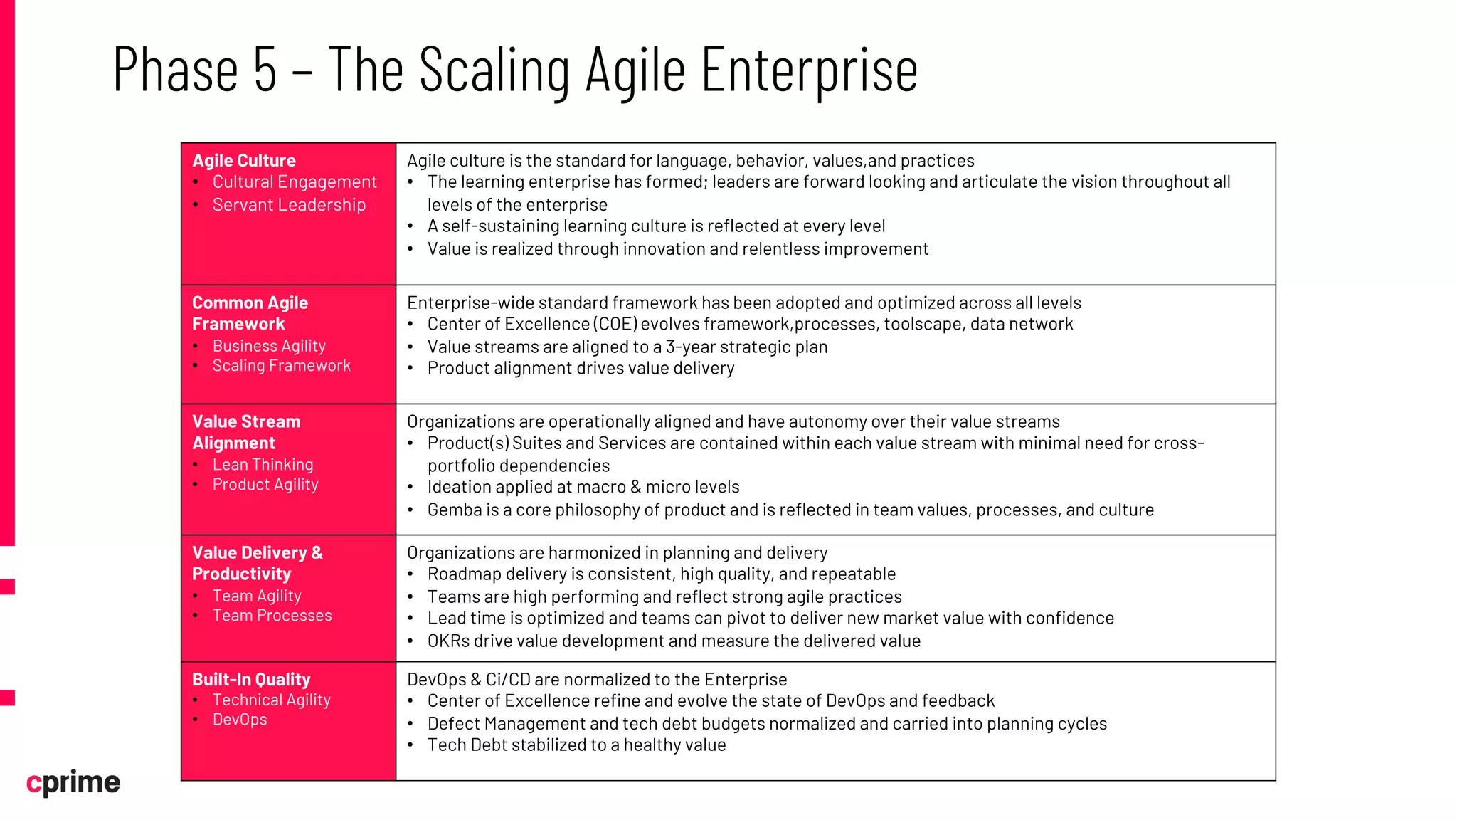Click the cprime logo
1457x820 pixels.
pos(73,782)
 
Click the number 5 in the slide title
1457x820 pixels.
pos(265,70)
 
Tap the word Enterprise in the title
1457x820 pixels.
pos(810,70)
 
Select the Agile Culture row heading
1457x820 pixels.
pos(244,161)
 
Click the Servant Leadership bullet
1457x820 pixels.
pos(289,205)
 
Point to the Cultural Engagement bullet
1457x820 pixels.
pos(295,182)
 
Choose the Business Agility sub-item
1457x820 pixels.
pos(269,346)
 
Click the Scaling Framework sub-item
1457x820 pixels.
pos(282,366)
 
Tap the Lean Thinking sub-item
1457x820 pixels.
pos(263,465)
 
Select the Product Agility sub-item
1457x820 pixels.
pos(265,485)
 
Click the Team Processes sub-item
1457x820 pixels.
pos(272,616)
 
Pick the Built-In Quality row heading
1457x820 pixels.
pos(251,680)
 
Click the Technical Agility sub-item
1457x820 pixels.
pos(272,700)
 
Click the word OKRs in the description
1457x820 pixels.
pos(448,641)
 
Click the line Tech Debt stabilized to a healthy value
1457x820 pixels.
pos(576,745)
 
